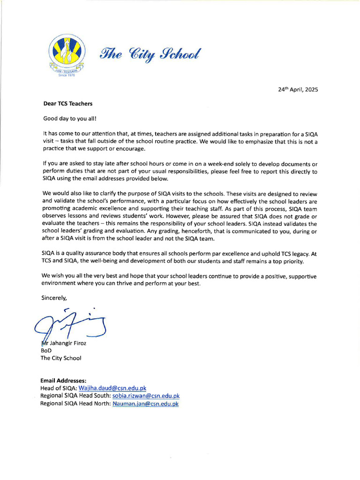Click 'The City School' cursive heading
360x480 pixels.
coord(149,54)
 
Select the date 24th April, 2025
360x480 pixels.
coord(298,89)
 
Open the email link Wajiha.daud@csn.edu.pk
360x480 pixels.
coord(112,388)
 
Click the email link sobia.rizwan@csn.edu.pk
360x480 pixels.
coord(146,396)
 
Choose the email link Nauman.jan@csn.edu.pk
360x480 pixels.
coord(145,404)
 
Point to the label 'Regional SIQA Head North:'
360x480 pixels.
coord(75,404)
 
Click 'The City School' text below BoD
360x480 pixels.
coord(61,358)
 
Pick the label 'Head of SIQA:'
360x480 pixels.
coord(59,388)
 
